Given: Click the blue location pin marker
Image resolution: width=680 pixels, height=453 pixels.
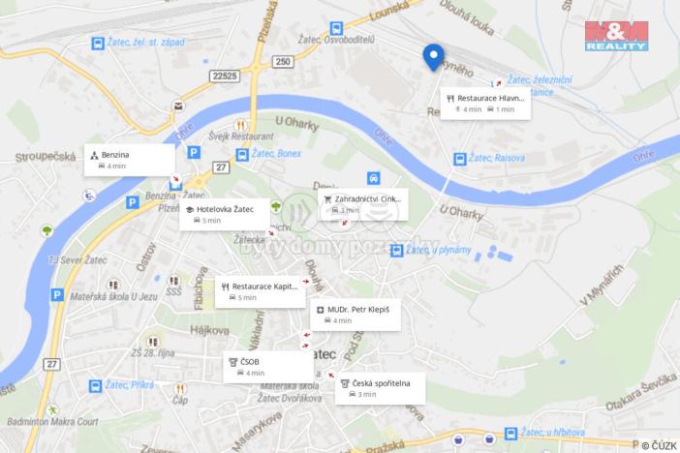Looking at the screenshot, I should [433, 58].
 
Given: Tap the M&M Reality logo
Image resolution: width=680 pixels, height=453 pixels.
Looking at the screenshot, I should [616, 35].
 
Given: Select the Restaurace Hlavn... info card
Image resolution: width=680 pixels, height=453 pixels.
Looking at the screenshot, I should [485, 103].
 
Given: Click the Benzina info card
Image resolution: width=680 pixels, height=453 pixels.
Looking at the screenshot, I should [130, 160].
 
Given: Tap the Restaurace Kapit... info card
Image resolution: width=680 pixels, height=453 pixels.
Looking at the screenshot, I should [258, 291].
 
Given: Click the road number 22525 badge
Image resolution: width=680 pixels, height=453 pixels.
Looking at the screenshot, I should [225, 74].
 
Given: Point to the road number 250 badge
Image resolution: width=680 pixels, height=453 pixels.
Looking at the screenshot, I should [282, 63].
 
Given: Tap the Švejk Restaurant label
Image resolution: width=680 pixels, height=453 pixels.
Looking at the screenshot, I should [230, 136].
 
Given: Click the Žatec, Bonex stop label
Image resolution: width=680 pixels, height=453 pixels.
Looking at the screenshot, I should [276, 153].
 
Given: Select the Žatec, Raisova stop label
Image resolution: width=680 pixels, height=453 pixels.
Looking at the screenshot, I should [495, 158].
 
